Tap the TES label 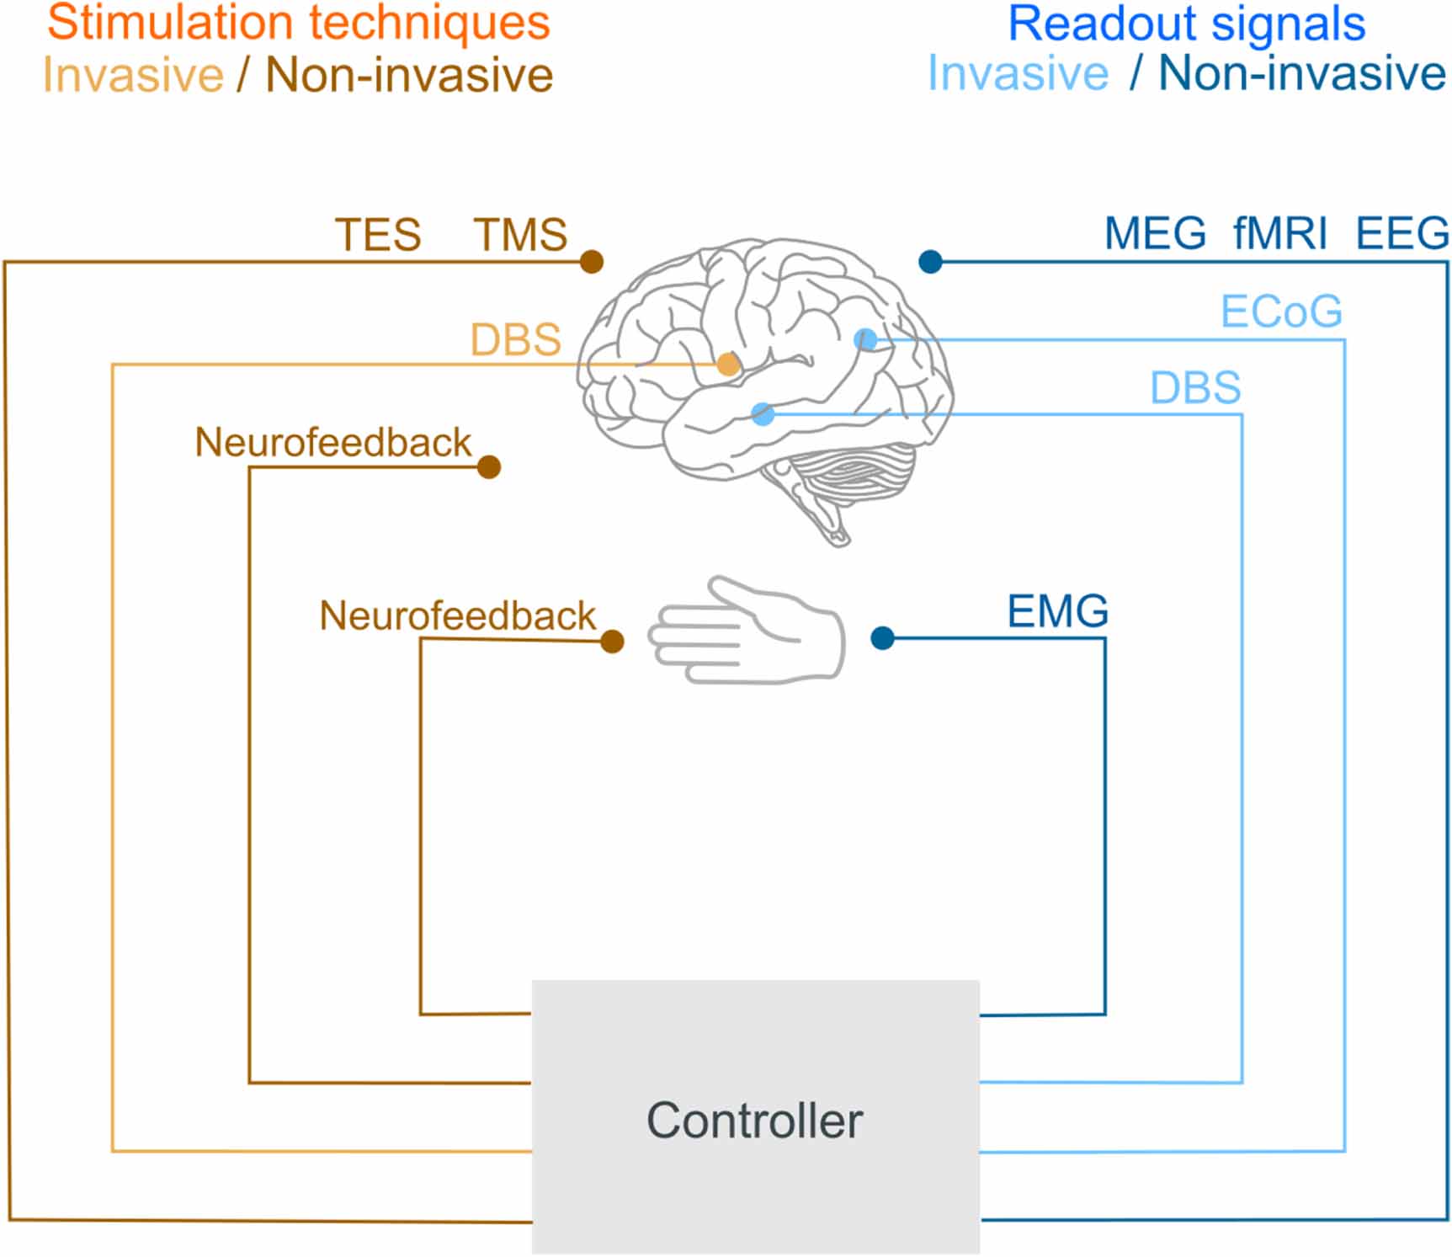378,235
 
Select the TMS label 520,235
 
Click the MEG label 1155,233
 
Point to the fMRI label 1279,233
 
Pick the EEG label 1402,233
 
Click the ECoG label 1281,312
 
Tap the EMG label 1058,611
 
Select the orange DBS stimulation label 515,340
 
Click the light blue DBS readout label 1195,388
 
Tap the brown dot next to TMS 592,262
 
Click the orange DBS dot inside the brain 728,365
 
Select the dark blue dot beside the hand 882,638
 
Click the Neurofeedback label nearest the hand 457,616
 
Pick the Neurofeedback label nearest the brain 332,443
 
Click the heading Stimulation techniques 298,23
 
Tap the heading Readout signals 1186,23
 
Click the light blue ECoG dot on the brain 865,339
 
